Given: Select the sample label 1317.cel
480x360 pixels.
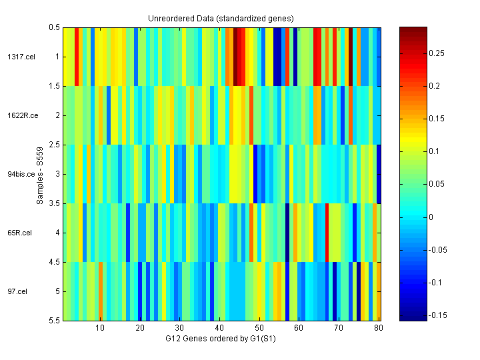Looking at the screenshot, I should tap(17, 57).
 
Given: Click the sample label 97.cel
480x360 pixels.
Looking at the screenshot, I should tap(17, 291).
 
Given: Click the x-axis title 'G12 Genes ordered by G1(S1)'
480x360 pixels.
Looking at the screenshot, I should tap(221, 339).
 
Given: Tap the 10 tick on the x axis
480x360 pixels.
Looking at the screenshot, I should tap(100, 328).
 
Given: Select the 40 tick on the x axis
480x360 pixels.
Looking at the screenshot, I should tap(219, 328).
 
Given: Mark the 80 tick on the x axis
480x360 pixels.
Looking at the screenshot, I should tap(379, 328).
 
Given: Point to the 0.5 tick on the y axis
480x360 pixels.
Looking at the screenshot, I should tap(54, 27).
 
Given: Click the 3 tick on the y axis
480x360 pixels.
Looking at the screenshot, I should tap(57, 174).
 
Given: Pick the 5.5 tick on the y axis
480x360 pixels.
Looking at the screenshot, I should tap(54, 321).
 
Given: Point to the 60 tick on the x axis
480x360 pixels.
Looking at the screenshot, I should tap(299, 328).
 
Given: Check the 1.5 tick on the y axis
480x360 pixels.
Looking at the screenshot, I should tap(54, 86).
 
